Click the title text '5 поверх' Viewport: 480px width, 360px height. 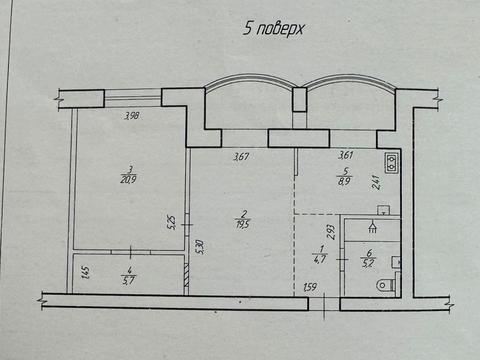[273, 28]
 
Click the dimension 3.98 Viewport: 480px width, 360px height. [131, 117]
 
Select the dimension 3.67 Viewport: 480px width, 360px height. [241, 155]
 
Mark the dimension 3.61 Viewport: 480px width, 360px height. [347, 155]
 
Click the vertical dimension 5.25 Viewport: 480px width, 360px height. [172, 221]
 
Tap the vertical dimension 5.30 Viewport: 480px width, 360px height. [201, 243]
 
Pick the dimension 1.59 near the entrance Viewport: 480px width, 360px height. [310, 289]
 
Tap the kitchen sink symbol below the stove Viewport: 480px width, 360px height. [382, 211]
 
